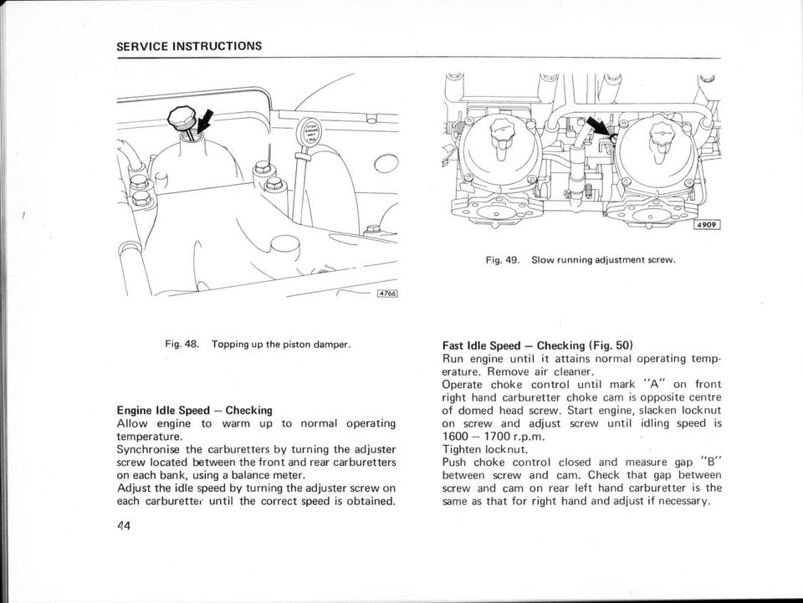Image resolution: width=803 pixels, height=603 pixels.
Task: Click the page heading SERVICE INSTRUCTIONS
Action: point(189,45)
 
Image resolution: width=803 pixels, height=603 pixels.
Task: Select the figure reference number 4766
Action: point(386,294)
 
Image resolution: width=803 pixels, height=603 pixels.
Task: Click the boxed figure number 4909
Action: point(707,226)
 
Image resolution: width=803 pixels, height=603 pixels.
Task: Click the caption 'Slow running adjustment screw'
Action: point(603,259)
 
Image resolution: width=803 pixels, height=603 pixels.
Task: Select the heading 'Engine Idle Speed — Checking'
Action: point(195,411)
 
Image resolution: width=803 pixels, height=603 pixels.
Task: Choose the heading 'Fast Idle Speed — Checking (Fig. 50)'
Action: point(537,345)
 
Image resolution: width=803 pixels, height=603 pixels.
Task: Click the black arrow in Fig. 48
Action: point(201,119)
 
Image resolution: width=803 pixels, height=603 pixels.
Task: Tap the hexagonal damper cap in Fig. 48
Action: point(182,117)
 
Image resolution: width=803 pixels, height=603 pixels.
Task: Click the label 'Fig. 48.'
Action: point(181,345)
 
